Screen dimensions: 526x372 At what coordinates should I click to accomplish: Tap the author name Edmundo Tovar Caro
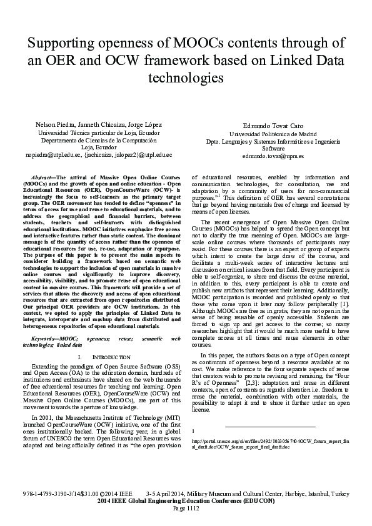pos(273,126)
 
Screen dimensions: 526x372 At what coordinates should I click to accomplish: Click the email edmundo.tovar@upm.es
pos(273,156)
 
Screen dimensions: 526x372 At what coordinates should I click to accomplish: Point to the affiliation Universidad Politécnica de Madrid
pos(273,134)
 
